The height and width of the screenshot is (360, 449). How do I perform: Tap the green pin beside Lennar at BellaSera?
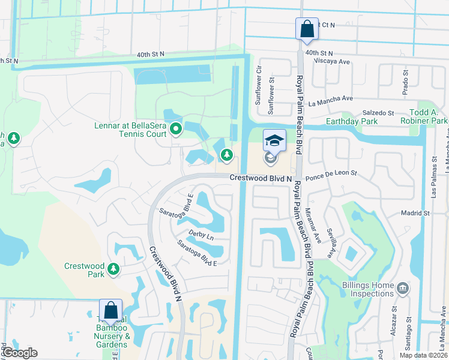coord(176,128)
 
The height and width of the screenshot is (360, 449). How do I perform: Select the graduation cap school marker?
coord(274,141)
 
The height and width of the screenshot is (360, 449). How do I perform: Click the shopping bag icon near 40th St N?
coord(306,29)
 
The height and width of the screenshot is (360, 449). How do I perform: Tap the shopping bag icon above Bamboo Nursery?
coord(110,311)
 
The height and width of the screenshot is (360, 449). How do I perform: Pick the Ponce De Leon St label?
coord(331,173)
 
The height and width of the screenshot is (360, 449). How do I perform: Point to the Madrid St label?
coord(415,213)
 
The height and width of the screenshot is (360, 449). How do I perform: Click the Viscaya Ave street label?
coord(327,61)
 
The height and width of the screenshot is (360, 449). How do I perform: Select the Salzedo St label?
coord(378,113)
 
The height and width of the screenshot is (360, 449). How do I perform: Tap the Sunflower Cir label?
coord(258,90)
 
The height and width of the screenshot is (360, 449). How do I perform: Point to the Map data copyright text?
coord(423,355)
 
